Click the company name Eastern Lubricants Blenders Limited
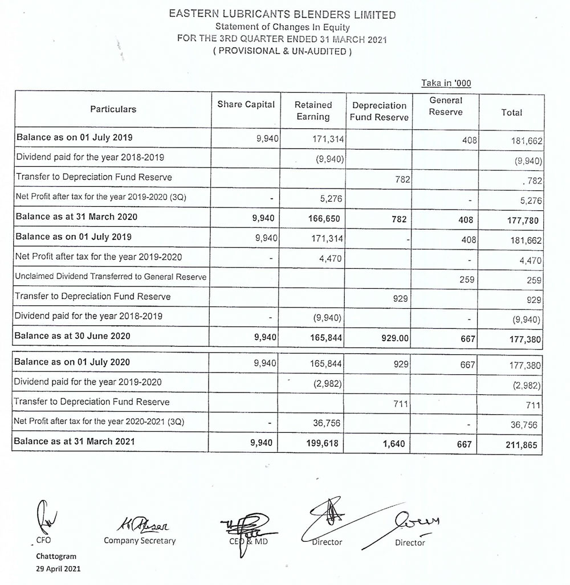point(283,15)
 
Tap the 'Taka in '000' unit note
point(446,83)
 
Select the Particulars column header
point(113,109)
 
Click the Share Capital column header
point(246,104)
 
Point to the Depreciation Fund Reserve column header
point(380,111)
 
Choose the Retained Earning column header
point(313,111)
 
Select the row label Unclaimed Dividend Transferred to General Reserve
point(110,277)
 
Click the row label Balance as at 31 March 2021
point(76,441)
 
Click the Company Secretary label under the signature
point(140,541)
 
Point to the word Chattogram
point(55,557)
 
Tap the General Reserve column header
point(446,106)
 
